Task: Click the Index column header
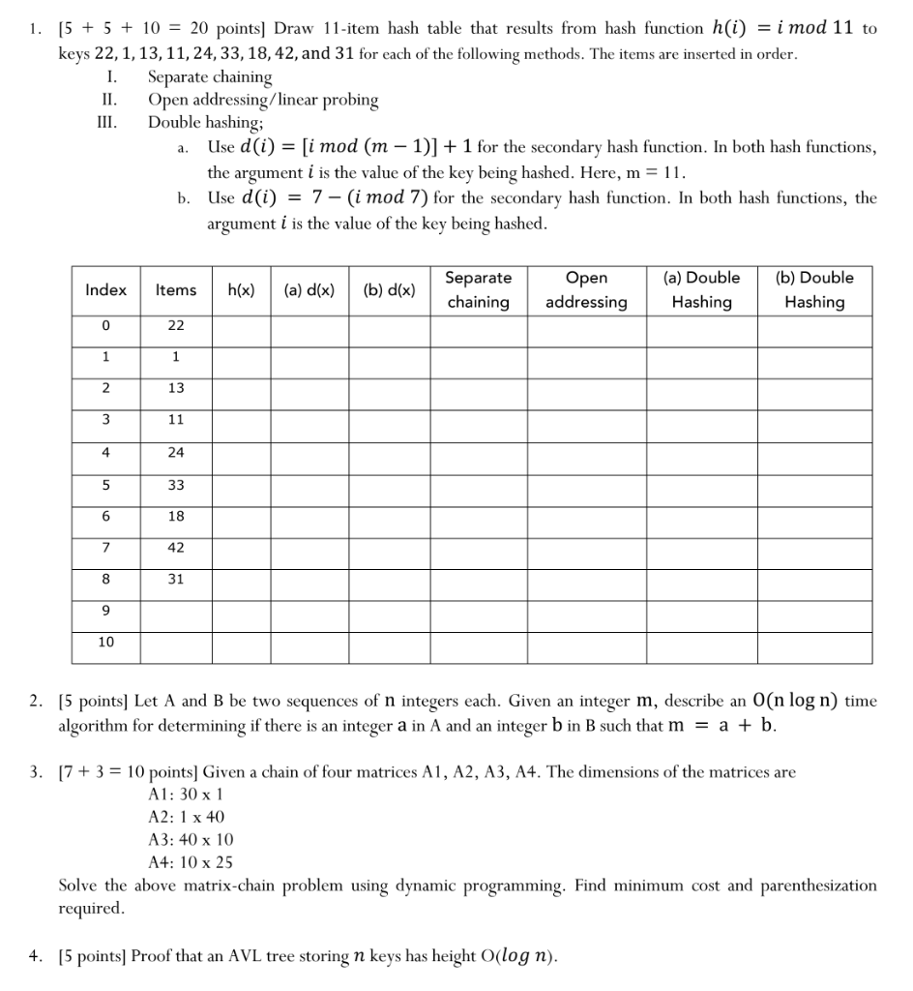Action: pyautogui.click(x=106, y=289)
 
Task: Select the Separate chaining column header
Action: pyautogui.click(x=478, y=289)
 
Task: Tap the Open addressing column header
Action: pyautogui.click(x=586, y=289)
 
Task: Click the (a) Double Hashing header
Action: pyautogui.click(x=701, y=289)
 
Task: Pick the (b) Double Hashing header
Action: pyautogui.click(x=814, y=289)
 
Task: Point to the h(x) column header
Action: pyautogui.click(x=241, y=289)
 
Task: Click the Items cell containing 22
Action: pyautogui.click(x=176, y=326)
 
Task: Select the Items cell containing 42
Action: pyautogui.click(x=176, y=547)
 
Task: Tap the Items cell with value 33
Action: pyautogui.click(x=176, y=484)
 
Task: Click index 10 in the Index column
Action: pyautogui.click(x=106, y=642)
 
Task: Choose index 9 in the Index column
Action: pyautogui.click(x=106, y=611)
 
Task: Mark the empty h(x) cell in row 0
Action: pyautogui.click(x=241, y=326)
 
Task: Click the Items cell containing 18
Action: pyautogui.click(x=176, y=516)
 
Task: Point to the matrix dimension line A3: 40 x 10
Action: pyautogui.click(x=191, y=839)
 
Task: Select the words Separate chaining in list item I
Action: pyautogui.click(x=210, y=76)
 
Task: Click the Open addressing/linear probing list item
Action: pyautogui.click(x=262, y=100)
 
